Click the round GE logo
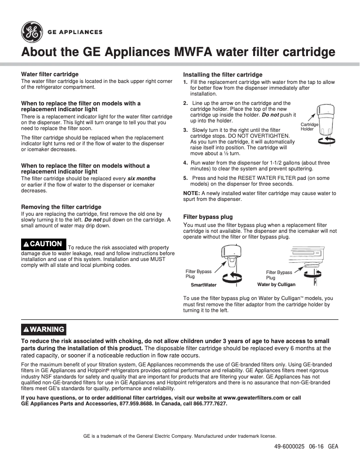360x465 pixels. click(31, 32)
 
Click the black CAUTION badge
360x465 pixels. click(44, 244)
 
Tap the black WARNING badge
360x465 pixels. click(44, 330)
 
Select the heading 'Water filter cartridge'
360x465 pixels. click(50, 74)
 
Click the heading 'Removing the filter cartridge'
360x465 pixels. click(61, 207)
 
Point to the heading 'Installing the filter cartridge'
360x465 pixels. click(223, 74)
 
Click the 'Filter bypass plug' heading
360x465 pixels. click(208, 217)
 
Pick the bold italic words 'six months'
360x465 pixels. click(141, 178)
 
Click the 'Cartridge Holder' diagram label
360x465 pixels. click(309, 126)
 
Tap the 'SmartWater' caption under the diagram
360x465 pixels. click(203, 285)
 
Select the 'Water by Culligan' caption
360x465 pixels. click(276, 285)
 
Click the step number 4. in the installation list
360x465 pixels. click(185, 163)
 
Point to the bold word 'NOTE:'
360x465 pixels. click(192, 193)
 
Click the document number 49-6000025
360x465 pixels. click(290, 447)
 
